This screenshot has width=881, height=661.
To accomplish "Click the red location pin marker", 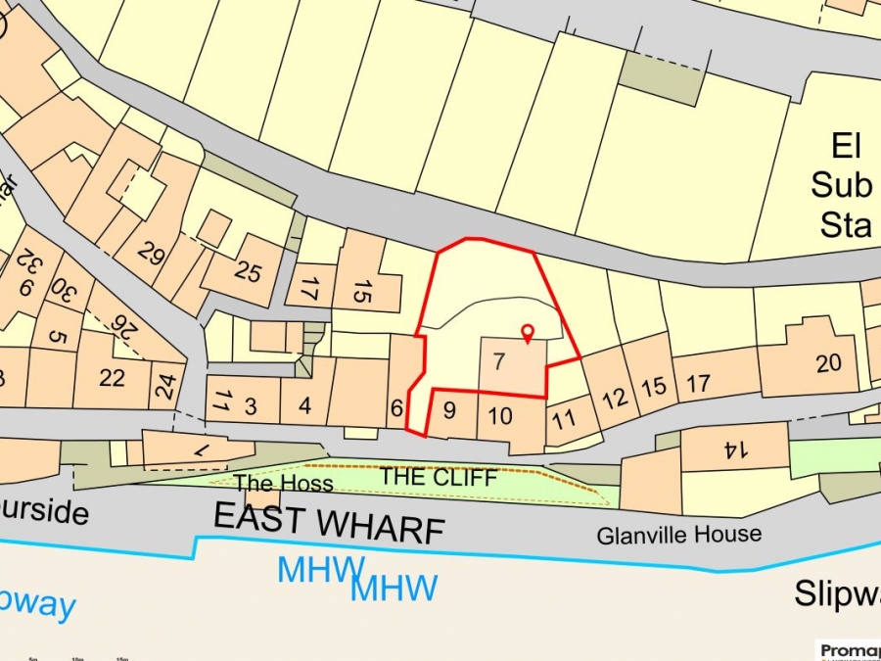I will coord(527,333).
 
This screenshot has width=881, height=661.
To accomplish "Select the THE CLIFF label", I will coord(439,478).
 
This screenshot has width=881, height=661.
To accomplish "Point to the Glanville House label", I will coord(679,535).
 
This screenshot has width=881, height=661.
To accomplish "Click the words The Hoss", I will coord(283,484).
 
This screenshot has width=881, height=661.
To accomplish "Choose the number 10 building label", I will coord(499,416).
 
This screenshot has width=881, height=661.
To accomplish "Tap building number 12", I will coord(615,399).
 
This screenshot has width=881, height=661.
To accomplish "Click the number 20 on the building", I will coord(828,363).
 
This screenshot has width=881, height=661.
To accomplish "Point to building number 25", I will coord(248,271).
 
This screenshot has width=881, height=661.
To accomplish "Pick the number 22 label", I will coord(112,377).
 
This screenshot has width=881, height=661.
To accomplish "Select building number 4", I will coord(305,404).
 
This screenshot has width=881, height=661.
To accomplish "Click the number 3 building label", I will coord(251,404).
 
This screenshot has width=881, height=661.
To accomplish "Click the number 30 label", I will coord(62,291).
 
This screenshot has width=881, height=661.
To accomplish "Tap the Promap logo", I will coord(848,650).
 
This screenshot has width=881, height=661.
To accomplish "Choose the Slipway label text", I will coord(837,592).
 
